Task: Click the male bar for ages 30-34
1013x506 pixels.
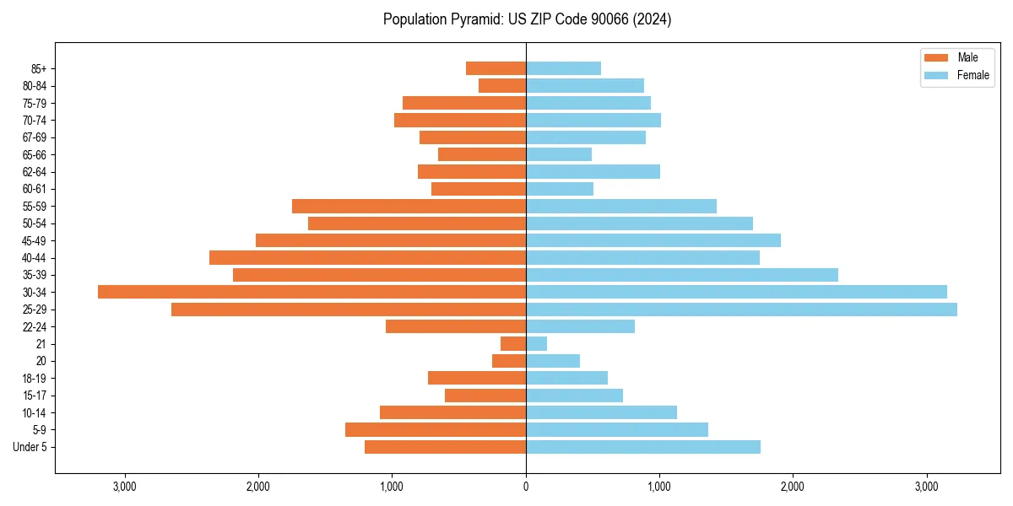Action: tap(311, 292)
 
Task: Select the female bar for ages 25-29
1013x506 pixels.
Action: tap(741, 310)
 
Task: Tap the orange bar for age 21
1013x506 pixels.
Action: tap(513, 344)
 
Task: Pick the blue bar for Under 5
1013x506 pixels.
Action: tap(642, 447)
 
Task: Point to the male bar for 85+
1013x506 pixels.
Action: tap(496, 68)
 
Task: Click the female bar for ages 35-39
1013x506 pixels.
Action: tap(681, 275)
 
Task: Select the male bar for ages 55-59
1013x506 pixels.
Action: tap(409, 206)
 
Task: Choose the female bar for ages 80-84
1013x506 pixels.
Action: tap(584, 85)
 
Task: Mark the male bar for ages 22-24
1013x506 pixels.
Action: tap(456, 326)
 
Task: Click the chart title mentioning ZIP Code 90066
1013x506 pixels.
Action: tap(527, 19)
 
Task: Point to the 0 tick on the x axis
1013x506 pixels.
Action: tap(526, 487)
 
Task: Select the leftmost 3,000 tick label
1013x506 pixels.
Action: tap(125, 487)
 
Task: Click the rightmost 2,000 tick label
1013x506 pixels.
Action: tap(793, 487)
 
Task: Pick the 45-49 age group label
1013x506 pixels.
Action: tap(35, 240)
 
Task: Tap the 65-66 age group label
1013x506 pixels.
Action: tap(35, 154)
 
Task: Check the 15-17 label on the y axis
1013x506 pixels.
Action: tap(35, 396)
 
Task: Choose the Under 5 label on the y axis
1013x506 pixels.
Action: tap(30, 447)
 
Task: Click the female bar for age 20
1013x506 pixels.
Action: tap(552, 361)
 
